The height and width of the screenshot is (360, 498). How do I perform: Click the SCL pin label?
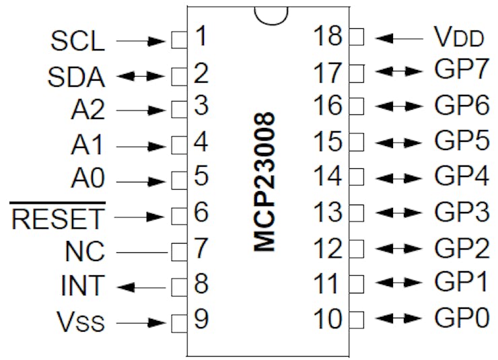[78, 41]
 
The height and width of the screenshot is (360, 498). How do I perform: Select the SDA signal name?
[76, 77]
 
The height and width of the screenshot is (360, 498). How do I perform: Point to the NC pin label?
[85, 251]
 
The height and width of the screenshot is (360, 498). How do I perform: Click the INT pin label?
[82, 286]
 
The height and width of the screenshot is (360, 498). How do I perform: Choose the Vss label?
[80, 322]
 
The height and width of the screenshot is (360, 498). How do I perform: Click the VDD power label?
[458, 37]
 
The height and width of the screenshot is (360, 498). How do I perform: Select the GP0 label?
[462, 318]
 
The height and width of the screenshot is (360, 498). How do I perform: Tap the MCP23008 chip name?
[264, 182]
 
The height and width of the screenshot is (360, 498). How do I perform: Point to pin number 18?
[328, 36]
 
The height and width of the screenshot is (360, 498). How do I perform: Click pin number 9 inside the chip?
[201, 319]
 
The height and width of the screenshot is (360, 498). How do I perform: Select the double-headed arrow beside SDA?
[141, 76]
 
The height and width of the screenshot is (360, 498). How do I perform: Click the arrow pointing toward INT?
[141, 288]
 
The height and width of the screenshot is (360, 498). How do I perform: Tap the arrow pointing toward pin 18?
[399, 39]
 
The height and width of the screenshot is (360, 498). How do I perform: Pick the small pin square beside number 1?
[180, 40]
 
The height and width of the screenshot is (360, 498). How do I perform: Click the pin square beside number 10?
[357, 320]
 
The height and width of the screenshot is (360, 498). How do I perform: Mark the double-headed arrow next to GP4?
[398, 178]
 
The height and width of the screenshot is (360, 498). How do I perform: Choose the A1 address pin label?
[87, 145]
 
